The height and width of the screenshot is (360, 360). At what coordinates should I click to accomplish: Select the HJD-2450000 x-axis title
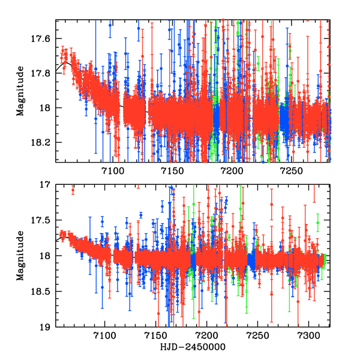pyautogui.click(x=192, y=347)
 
